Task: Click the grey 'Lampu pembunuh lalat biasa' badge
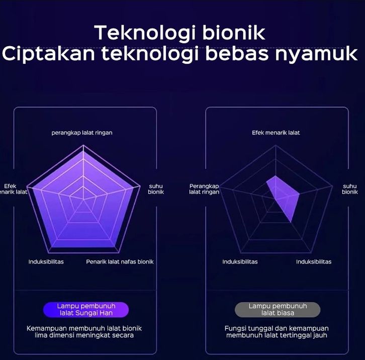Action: (x=278, y=310)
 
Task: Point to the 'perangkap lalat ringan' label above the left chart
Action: (x=82, y=133)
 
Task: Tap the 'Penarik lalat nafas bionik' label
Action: (x=120, y=262)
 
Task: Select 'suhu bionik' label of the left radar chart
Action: (x=156, y=189)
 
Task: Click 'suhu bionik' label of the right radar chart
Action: (x=349, y=189)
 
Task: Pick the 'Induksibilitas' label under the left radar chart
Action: (x=46, y=262)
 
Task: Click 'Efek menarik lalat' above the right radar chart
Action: (x=276, y=133)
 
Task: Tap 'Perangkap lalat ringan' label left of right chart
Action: (x=204, y=189)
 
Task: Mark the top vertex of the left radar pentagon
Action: (x=83, y=145)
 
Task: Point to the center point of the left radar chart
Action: (x=83, y=199)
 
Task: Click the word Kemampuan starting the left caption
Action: (x=47, y=328)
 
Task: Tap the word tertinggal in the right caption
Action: (x=299, y=335)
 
